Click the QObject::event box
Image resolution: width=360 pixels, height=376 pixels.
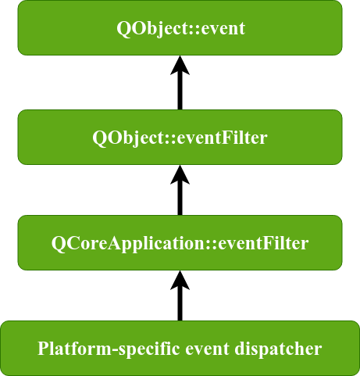pos(180,27)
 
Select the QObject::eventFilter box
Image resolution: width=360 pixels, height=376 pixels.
pos(180,137)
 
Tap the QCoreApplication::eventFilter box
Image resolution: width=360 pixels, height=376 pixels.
pos(180,242)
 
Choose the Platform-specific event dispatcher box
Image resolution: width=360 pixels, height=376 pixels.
pos(180,349)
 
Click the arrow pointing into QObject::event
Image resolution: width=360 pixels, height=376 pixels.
pos(180,83)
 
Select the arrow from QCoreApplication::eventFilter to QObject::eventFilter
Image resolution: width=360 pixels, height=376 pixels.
pos(180,190)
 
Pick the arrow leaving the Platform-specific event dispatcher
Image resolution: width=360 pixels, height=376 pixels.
pos(180,295)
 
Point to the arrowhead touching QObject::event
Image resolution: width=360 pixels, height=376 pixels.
pos(180,65)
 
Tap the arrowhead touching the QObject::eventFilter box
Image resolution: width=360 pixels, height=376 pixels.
pos(180,174)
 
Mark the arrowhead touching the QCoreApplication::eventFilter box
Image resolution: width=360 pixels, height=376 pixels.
pos(180,280)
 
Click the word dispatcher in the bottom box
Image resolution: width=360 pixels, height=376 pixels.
pos(278,349)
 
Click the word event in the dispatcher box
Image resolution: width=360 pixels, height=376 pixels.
pos(207,349)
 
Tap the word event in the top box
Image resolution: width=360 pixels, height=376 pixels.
pos(223,28)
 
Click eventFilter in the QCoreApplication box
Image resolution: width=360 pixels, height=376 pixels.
pos(263,243)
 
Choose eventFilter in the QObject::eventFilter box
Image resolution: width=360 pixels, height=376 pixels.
pos(222,138)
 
